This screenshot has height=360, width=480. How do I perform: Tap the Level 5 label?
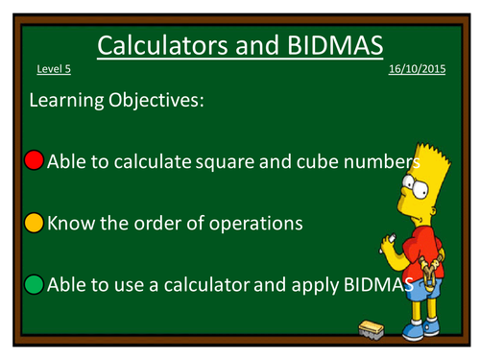pyautogui.click(x=54, y=71)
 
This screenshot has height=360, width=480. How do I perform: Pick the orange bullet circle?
pyautogui.click(x=34, y=223)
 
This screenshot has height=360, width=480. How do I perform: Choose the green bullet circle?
pyautogui.click(x=34, y=284)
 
